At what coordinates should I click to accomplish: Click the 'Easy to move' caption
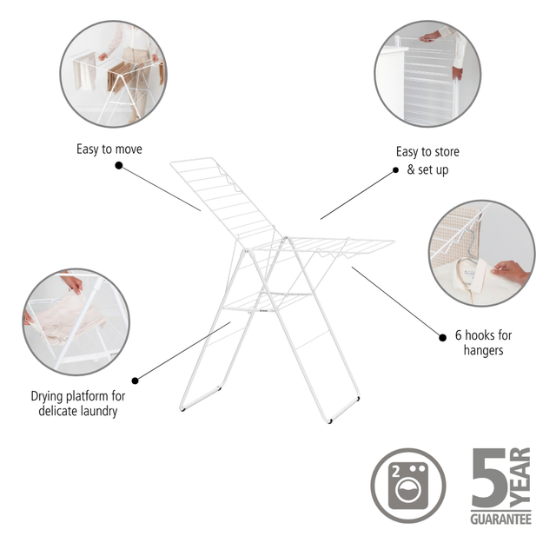109,149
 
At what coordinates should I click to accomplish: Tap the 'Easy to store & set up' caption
427,161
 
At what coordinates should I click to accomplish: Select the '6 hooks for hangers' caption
483,342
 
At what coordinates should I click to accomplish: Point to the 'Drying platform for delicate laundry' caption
78,403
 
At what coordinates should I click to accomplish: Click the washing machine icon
408,486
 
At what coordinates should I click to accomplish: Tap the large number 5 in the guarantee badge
489,477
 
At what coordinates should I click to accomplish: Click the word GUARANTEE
500,520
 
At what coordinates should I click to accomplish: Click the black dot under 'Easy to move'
119,165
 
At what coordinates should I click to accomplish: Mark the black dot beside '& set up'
396,170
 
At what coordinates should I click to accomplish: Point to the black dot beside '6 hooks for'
442,338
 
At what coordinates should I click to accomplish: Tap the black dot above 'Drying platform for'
135,381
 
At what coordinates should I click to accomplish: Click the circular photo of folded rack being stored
427,74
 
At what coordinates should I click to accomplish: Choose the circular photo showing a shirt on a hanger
482,253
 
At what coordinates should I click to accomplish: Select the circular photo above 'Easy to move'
113,74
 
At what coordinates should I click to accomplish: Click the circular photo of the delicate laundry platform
76,322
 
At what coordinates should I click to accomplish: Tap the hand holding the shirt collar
510,271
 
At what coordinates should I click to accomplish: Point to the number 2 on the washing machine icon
396,471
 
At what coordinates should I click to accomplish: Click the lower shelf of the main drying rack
268,301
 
